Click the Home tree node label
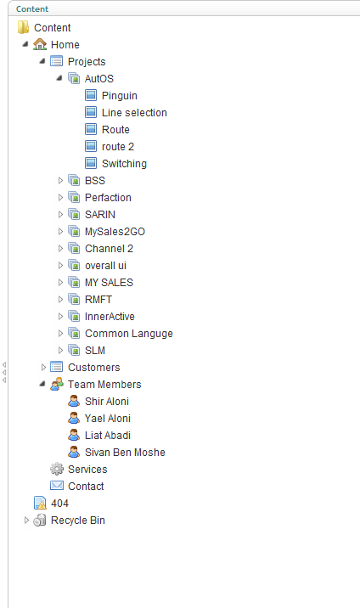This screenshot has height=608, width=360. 65,45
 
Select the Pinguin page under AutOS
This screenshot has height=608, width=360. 120,96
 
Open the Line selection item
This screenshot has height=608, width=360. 134,112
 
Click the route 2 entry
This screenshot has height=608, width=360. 118,147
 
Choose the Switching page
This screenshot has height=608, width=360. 124,164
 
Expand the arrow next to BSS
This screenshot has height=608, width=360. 60,180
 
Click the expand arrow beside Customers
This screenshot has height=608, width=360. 43,367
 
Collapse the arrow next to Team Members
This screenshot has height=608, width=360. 42,384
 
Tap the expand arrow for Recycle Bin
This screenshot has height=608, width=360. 26,520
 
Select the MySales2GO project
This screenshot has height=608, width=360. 115,232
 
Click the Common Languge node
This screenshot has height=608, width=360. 129,334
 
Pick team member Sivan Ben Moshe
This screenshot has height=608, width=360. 125,452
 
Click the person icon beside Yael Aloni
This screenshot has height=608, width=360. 74,418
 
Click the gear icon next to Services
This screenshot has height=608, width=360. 57,469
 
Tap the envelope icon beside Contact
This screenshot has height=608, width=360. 57,486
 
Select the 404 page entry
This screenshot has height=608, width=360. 59,504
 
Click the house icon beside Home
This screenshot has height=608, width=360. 40,44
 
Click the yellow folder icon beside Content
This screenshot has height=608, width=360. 23,27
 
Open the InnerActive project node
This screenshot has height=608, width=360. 110,317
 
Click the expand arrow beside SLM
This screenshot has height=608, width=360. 60,350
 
